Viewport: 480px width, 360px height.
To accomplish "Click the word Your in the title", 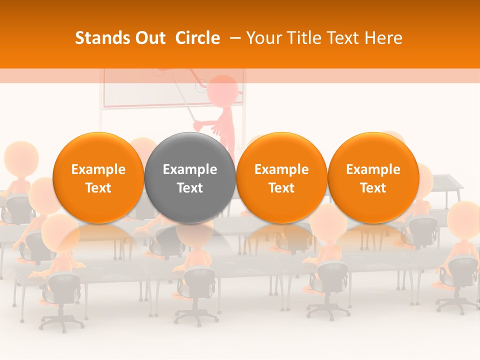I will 262,38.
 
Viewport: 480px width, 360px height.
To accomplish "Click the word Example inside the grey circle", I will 190,169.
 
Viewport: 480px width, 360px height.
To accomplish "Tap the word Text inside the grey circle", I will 190,188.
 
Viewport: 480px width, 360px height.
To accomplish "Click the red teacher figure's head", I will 222,90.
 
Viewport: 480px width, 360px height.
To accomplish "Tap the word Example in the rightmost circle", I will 373,169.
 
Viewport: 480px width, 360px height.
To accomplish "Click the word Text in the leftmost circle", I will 98,188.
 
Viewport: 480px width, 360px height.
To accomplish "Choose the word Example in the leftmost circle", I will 98,169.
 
